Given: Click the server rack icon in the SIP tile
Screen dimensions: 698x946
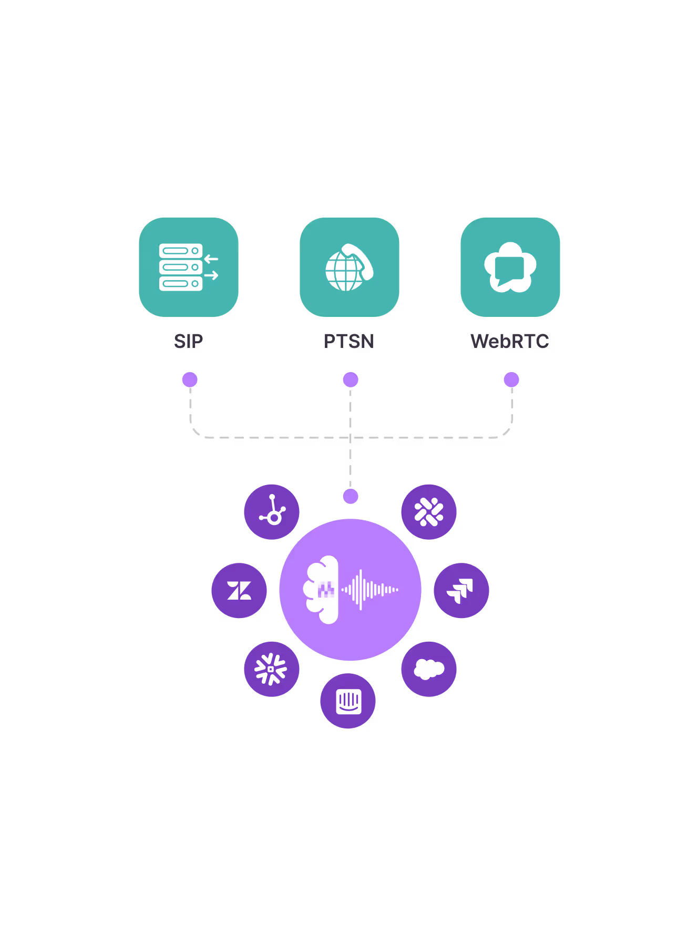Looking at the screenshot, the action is click(181, 267).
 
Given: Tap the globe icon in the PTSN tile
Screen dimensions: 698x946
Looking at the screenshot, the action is click(345, 271).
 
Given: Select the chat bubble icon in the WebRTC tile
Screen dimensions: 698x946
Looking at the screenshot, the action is click(510, 268).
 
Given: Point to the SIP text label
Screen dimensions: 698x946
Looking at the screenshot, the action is click(189, 342).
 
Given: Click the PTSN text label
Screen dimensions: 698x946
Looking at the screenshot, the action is click(349, 342).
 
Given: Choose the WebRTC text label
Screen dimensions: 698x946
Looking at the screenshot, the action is click(510, 342).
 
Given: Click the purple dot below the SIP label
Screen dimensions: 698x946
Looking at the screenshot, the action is click(190, 379).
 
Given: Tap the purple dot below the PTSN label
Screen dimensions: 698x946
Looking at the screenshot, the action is click(351, 379).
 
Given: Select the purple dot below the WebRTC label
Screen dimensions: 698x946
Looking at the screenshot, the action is click(511, 379).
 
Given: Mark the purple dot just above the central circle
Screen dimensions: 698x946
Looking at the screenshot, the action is click(351, 496).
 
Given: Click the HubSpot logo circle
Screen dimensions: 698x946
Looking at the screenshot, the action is click(272, 512).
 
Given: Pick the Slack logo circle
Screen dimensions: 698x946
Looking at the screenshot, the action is click(429, 512).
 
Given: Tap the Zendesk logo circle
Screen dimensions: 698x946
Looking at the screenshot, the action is click(239, 591).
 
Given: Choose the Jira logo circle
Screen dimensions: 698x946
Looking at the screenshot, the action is click(461, 591).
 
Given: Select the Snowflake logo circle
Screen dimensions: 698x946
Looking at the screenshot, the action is click(272, 669).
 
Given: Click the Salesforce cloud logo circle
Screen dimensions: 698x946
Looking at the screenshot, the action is click(429, 669).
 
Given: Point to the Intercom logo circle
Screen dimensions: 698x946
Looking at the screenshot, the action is click(348, 701).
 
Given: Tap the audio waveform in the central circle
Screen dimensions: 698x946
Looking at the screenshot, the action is click(370, 590).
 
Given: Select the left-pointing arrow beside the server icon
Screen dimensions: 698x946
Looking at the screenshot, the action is click(211, 259).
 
